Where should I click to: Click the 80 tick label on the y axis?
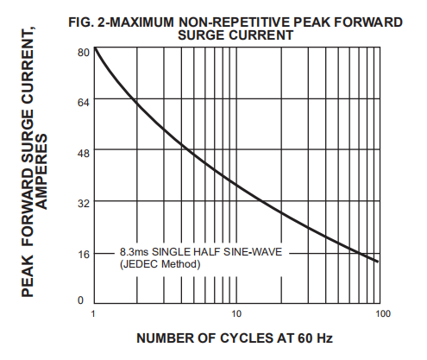83,53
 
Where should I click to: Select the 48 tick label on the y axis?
83,153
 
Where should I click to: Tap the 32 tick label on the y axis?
83,204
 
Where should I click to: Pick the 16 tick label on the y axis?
83,254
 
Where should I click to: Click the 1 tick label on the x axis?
93,313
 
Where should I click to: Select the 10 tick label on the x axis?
235,313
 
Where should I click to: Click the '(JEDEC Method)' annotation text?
160,263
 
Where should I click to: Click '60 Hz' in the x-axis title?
313,338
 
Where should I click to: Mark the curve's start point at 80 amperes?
94,47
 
